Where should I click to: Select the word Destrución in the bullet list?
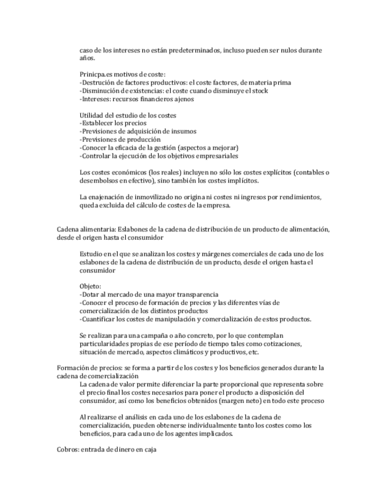(x=99, y=82)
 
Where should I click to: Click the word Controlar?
(x=96, y=156)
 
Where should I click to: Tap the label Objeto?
(x=90, y=285)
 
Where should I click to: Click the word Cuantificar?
(x=99, y=320)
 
